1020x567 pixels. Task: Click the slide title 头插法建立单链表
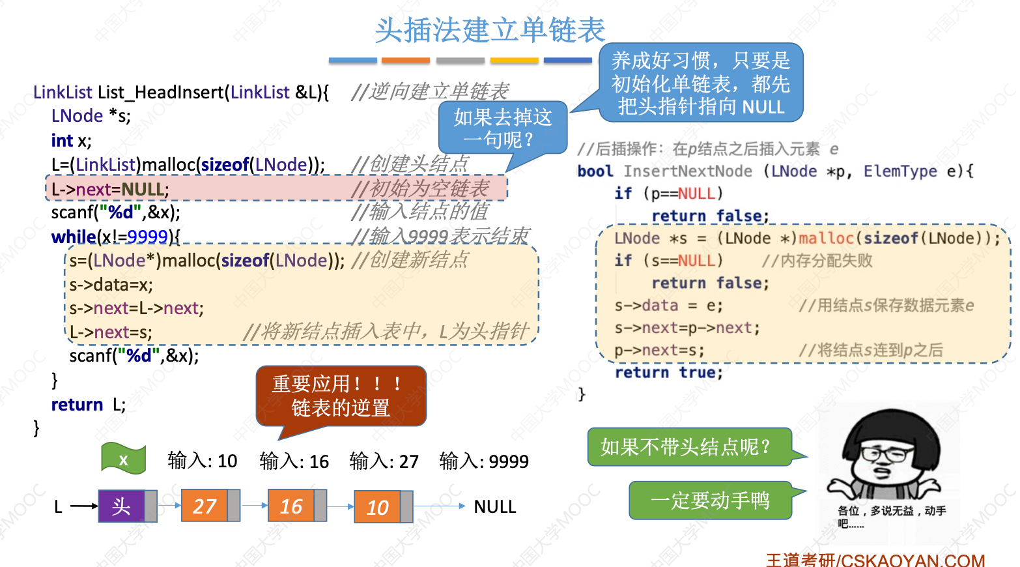[x=490, y=30]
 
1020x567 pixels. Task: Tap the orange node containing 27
[x=204, y=506]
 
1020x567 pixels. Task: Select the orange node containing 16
[x=291, y=506]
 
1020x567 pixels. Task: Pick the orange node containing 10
[x=377, y=506]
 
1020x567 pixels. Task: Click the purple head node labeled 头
[x=122, y=506]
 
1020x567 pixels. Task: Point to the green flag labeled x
[x=123, y=459]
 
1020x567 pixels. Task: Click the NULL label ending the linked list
[x=494, y=506]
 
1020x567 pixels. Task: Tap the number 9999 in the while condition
[x=148, y=236]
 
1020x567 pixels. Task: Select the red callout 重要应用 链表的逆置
[x=341, y=396]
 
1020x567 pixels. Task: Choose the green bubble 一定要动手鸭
[x=710, y=501]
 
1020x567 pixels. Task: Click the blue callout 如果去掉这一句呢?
[x=502, y=128]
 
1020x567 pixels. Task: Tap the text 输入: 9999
[x=484, y=461]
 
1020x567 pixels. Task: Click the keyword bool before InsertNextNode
[x=595, y=171]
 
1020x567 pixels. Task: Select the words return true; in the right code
[x=669, y=373]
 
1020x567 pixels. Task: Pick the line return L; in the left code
[x=89, y=405]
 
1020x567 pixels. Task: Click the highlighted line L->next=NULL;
[x=110, y=189]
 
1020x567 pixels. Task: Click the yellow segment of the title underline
[x=514, y=61]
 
